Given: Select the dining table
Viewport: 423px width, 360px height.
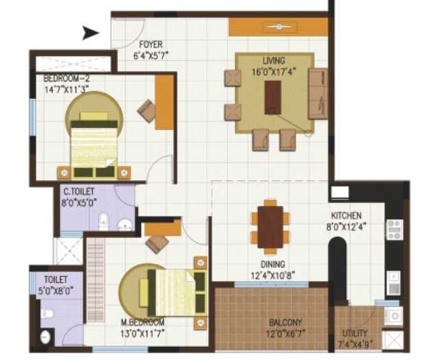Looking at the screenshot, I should click(x=270, y=224).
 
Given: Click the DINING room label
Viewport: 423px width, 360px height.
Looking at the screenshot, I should click(x=272, y=263).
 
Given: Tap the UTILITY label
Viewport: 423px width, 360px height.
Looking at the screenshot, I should click(x=354, y=333).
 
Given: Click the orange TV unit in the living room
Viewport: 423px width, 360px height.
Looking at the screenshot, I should click(x=278, y=27).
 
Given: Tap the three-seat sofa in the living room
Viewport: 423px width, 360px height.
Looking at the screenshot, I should click(x=317, y=93).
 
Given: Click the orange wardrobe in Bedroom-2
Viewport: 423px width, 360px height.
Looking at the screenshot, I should click(x=164, y=102).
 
